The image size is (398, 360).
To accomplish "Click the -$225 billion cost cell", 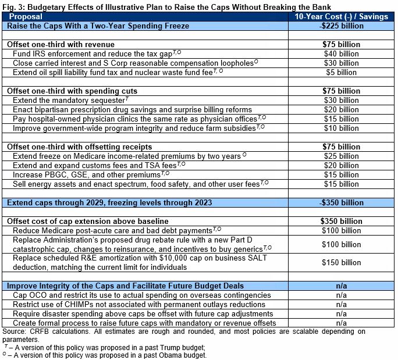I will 341,26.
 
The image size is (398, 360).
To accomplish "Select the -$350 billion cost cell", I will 341,202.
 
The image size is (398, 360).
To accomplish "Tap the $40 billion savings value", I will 341,54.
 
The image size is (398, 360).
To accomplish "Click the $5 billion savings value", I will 341,72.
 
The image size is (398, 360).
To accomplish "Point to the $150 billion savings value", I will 341,262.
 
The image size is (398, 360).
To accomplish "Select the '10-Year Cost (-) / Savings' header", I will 341,17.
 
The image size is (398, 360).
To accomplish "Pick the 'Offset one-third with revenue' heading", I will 61,44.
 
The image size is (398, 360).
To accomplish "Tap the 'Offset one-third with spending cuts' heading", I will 72,91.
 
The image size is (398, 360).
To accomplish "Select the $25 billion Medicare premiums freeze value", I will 341,156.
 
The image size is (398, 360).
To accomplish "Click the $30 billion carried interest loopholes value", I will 341,63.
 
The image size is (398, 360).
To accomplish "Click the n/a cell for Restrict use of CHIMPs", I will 341,304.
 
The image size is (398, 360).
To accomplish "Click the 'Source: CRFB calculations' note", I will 47,332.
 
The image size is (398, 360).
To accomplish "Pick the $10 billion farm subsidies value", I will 341,128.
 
